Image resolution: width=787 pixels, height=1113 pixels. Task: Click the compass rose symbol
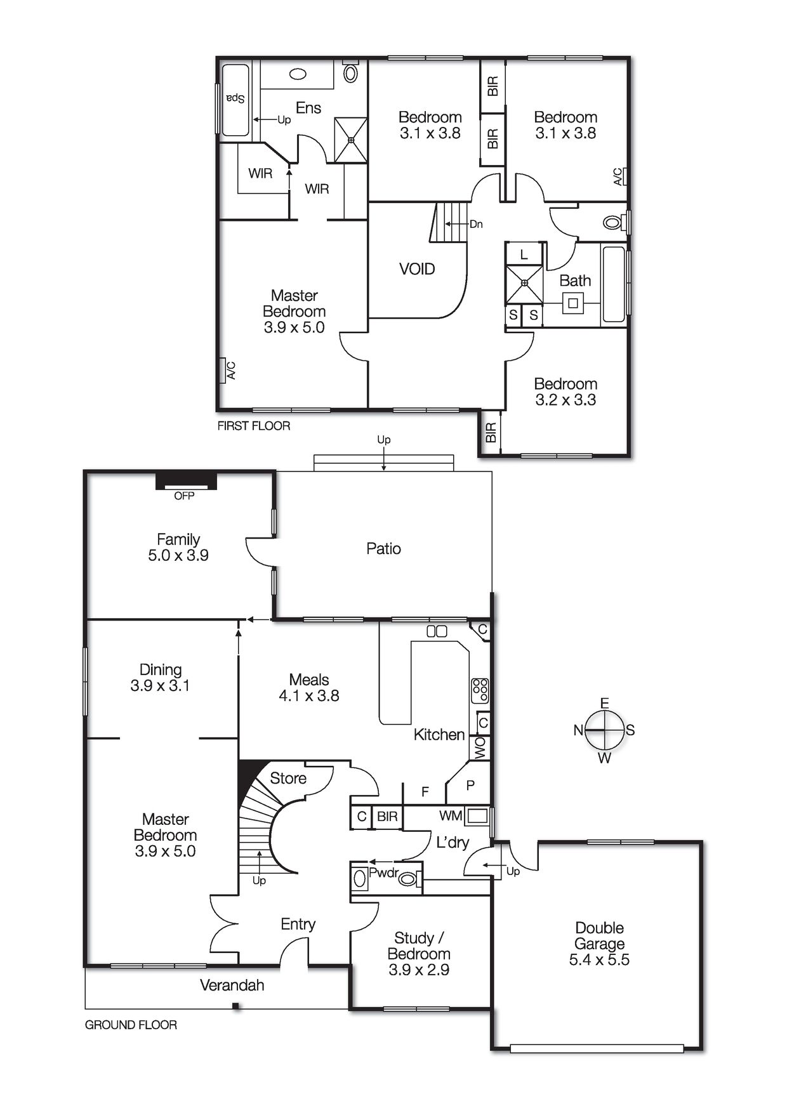point(604,730)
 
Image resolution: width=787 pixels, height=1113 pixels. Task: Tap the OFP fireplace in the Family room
point(186,482)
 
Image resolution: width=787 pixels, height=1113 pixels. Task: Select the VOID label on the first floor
point(417,269)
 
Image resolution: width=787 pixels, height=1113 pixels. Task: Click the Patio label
point(383,548)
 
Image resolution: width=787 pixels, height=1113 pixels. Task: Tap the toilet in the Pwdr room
point(408,879)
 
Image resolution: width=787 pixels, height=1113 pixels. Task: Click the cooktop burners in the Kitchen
point(480,690)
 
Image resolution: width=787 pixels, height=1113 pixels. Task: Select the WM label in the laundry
point(450,815)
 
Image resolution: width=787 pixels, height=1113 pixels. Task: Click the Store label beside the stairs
point(288,778)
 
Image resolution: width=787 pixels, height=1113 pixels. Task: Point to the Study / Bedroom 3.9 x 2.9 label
point(419,954)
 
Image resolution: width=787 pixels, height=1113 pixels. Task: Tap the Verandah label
point(232,985)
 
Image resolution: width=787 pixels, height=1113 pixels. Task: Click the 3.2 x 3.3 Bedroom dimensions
point(565,400)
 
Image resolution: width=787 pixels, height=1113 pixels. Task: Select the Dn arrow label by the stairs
point(475,224)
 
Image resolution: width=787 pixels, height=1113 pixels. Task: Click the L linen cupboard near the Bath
point(524,255)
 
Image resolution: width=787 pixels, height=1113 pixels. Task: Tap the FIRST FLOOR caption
point(253,426)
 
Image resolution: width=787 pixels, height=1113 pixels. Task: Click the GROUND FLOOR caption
point(131,1025)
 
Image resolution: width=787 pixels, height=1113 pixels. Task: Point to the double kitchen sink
point(437,631)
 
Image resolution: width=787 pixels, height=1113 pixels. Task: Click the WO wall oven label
point(480,747)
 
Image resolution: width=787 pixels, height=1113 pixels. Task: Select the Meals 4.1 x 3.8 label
point(309,688)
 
